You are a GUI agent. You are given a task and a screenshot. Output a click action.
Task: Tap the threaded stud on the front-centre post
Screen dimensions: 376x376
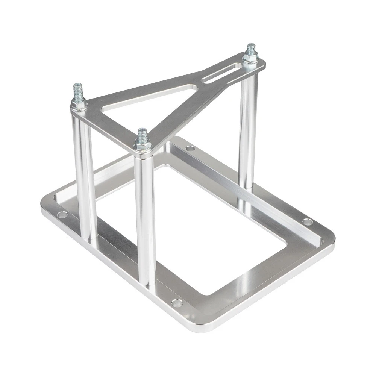[142, 135]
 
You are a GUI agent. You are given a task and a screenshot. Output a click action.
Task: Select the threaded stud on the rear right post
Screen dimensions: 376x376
[250, 49]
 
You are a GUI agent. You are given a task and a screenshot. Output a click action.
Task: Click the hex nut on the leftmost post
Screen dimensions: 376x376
[79, 105]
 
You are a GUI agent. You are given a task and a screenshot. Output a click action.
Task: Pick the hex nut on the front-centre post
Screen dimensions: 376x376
[143, 145]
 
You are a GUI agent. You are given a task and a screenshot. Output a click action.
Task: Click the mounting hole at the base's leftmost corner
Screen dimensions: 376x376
[62, 215]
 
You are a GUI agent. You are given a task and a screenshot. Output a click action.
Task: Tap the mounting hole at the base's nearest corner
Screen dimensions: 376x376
[176, 302]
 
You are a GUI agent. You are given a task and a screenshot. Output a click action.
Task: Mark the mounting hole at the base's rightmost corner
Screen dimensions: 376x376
[308, 222]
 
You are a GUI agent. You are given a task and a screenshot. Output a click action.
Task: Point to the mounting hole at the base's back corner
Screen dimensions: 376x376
[191, 149]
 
